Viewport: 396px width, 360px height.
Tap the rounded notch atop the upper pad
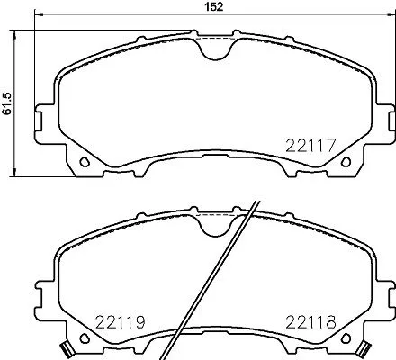(213, 49)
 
